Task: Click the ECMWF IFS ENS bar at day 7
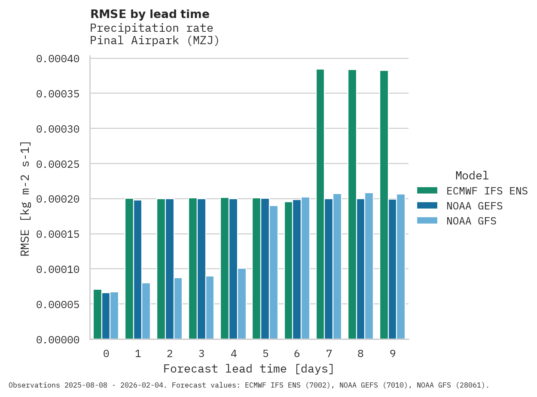pos(320,204)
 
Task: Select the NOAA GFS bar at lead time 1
pos(146,311)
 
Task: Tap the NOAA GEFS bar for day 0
pos(106,316)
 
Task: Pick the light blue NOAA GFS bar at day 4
pos(242,304)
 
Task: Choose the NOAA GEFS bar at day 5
pos(265,269)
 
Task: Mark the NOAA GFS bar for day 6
pos(305,268)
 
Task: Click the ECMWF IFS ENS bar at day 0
pos(98,314)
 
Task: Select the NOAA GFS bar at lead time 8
pos(369,266)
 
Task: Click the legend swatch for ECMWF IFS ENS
pos(427,190)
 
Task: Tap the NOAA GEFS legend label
pos(474,206)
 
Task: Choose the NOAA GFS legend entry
pos(471,221)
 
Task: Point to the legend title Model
pos(472,176)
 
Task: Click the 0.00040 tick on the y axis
pos(58,58)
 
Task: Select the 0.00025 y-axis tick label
pos(58,164)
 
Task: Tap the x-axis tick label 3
pos(201,354)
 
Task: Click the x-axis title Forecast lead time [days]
pos(249,369)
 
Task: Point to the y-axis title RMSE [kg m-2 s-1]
pos(25,198)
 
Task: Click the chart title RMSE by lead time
pos(150,14)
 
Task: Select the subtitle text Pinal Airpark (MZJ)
pos(155,41)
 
